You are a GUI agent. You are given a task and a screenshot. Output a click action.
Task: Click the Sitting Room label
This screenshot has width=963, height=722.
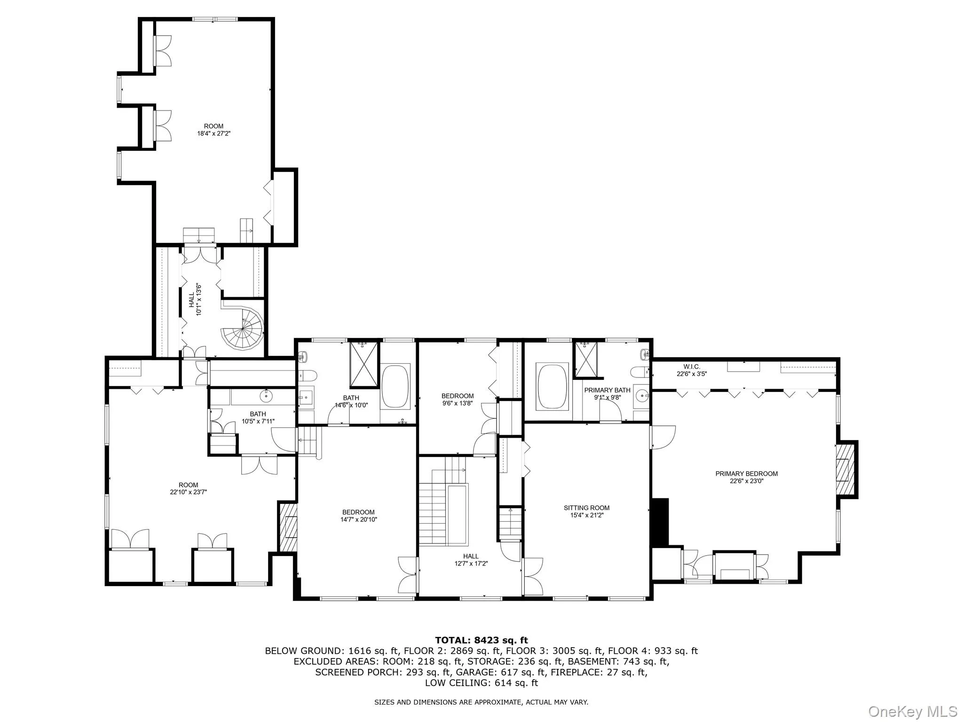click(586, 508)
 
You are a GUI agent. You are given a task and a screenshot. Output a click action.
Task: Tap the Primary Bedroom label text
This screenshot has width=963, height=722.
click(746, 473)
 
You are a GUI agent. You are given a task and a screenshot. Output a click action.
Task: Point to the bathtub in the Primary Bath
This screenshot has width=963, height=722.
click(553, 385)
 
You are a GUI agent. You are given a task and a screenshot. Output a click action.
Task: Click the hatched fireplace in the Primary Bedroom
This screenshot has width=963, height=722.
click(845, 469)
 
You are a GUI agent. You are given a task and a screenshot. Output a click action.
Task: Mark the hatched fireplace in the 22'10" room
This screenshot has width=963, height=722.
click(288, 527)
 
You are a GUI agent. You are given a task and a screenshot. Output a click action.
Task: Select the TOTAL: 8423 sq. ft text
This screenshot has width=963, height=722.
click(481, 640)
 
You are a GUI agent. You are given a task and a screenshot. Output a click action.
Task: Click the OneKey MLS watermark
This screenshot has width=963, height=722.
click(912, 711)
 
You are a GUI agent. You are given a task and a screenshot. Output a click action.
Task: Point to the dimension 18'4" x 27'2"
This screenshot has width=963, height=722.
click(213, 133)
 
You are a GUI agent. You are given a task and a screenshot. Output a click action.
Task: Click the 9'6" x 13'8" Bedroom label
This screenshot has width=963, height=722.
click(457, 396)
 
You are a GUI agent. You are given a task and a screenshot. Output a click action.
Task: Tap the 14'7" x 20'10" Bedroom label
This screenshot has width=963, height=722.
click(359, 512)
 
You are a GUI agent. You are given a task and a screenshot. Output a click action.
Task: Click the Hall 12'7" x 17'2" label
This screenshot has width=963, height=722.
click(470, 557)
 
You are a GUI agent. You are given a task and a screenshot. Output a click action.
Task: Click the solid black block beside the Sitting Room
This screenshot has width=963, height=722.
click(661, 522)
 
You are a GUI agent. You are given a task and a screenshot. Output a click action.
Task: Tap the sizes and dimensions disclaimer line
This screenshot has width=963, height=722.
click(481, 702)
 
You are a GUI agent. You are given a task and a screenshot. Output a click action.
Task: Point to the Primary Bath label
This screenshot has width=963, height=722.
click(607, 390)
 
